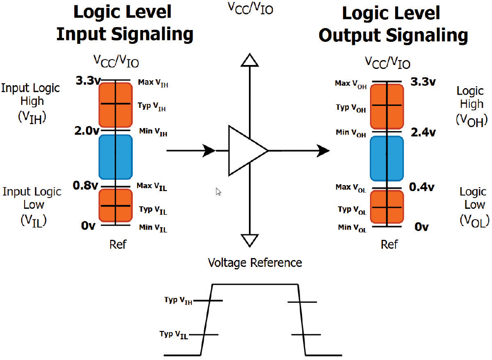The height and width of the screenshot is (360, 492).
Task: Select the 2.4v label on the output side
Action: click(423, 132)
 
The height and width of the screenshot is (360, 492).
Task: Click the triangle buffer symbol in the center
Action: click(246, 150)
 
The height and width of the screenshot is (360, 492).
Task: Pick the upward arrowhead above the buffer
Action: click(250, 60)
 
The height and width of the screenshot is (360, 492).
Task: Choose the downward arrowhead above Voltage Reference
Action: click(250, 241)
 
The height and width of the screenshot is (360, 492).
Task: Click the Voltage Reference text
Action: click(255, 262)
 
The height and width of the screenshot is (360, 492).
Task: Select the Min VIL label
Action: click(153, 229)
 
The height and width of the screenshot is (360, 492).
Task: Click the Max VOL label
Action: click(351, 188)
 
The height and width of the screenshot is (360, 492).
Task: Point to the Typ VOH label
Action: click(351, 108)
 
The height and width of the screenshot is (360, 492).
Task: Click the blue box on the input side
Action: click(115, 157)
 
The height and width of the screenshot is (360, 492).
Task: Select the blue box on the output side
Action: click(387, 158)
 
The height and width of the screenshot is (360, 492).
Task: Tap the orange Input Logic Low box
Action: click(115, 205)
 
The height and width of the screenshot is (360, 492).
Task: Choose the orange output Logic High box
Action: click(387, 106)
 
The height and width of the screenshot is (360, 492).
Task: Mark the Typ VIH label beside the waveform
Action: click(178, 300)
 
